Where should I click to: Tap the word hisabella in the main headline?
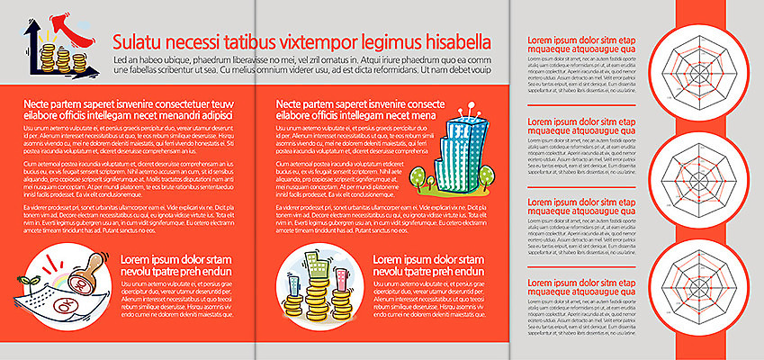(x=449, y=41)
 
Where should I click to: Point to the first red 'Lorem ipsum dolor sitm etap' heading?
(x=581, y=41)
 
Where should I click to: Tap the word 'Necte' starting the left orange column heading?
(x=39, y=104)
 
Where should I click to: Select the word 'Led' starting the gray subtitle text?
(x=121, y=59)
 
